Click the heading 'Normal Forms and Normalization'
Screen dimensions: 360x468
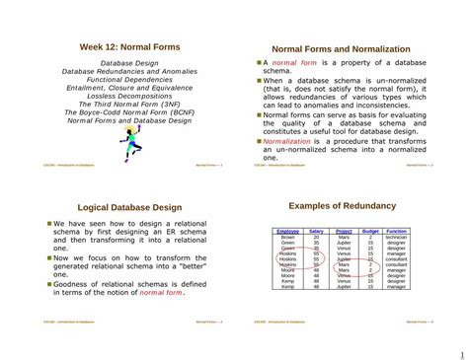coord(341,48)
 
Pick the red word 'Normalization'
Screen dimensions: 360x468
coord(286,141)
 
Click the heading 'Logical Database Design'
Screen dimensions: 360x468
coord(129,208)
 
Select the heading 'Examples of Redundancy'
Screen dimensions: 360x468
coord(341,206)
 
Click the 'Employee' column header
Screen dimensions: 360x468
coord(287,231)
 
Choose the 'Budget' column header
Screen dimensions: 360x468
coord(370,231)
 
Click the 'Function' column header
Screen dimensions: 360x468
coord(397,231)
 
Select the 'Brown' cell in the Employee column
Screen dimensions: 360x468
coord(287,237)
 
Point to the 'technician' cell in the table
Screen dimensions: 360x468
coord(397,237)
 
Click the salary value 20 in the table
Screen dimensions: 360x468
coord(315,237)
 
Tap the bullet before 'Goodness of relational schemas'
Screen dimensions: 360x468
coord(48,283)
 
